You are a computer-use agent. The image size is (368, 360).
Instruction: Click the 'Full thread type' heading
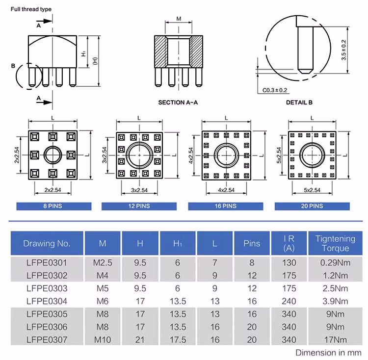27,9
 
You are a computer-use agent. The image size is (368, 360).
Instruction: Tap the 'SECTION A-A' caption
178,103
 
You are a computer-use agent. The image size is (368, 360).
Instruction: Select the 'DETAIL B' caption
299,103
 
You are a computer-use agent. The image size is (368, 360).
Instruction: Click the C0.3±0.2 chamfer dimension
275,90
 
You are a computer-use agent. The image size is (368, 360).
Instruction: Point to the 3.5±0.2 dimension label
344,50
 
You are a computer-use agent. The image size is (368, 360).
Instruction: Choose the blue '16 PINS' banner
226,206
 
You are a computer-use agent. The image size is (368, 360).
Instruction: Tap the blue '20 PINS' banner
312,206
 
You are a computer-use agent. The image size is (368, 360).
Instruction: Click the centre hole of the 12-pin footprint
139,154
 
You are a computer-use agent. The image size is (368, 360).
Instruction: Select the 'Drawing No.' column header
47,243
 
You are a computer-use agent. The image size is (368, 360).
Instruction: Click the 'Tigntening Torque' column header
335,243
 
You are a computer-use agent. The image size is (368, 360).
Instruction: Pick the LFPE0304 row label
47,301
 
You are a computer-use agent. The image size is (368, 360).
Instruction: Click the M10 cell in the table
103,339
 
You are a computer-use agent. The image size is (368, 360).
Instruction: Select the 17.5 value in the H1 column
177,339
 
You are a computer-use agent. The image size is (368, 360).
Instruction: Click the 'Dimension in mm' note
328,352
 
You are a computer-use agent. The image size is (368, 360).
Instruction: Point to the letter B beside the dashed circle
14,65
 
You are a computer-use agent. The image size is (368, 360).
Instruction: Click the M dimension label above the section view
179,19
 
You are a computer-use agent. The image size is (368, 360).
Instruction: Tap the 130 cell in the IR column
289,262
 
